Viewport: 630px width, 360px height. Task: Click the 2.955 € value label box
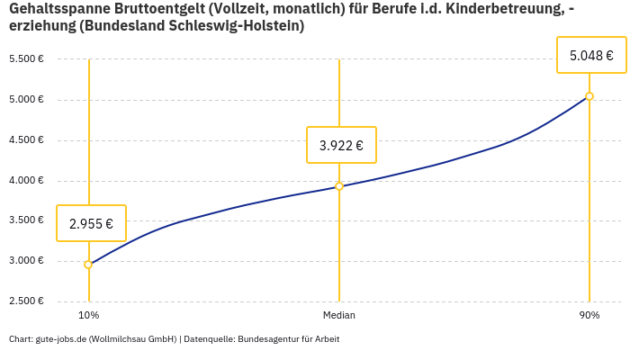tap(91, 224)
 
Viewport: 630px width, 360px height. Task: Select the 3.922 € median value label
tap(341, 145)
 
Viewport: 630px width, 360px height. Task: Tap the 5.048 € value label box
tap(591, 56)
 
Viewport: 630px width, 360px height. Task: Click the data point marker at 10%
tap(88, 265)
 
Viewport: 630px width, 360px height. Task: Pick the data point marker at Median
tap(339, 186)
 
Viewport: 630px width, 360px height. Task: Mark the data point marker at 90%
tap(589, 96)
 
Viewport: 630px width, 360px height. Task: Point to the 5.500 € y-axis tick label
tap(26, 59)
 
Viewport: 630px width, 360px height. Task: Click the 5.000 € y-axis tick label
tap(26, 100)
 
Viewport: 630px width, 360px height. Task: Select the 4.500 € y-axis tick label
tap(26, 140)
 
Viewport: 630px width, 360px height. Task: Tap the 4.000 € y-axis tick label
tap(26, 181)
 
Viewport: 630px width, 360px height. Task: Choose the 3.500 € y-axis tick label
tap(26, 220)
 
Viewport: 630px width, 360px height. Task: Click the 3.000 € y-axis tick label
tap(26, 261)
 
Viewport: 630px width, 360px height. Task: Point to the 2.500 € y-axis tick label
tap(26, 301)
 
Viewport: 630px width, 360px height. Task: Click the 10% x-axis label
tap(88, 316)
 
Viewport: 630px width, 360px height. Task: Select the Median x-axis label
tap(339, 316)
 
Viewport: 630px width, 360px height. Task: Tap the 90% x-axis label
tap(589, 316)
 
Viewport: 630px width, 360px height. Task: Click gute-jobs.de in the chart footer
tap(60, 339)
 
